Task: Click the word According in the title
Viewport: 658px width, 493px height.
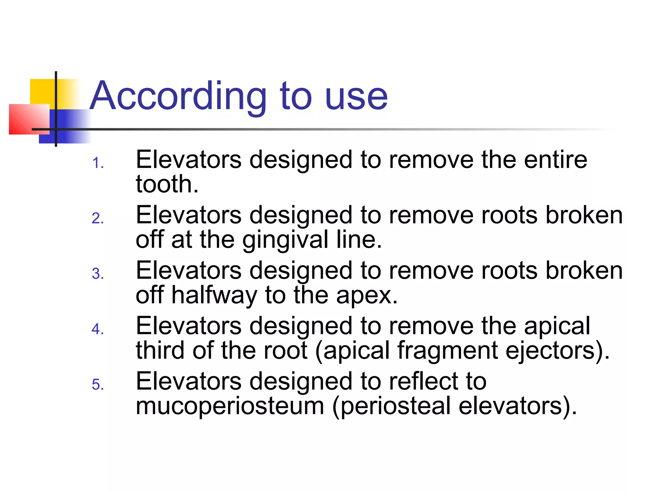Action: (178, 96)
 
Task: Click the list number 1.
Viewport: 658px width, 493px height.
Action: (97, 163)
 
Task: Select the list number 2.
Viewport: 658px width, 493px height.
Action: (97, 219)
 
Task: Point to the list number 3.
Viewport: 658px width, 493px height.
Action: (97, 274)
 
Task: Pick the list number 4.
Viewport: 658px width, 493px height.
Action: (97, 329)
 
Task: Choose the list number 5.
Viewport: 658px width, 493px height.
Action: (97, 385)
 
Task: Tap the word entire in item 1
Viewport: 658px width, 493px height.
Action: (556, 160)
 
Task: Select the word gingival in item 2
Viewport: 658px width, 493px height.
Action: (285, 240)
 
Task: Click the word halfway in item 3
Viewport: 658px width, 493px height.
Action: (214, 295)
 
